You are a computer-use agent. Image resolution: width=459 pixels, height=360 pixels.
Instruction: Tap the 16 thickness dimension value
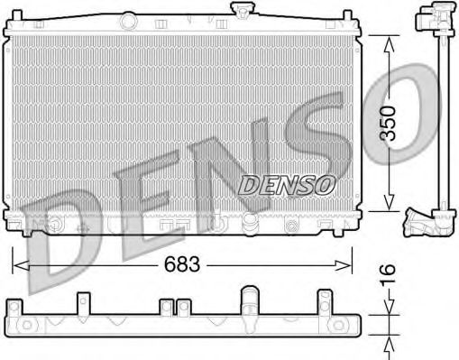[x=389, y=272]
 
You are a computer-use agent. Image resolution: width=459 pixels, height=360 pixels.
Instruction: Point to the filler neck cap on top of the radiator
[x=241, y=11]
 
